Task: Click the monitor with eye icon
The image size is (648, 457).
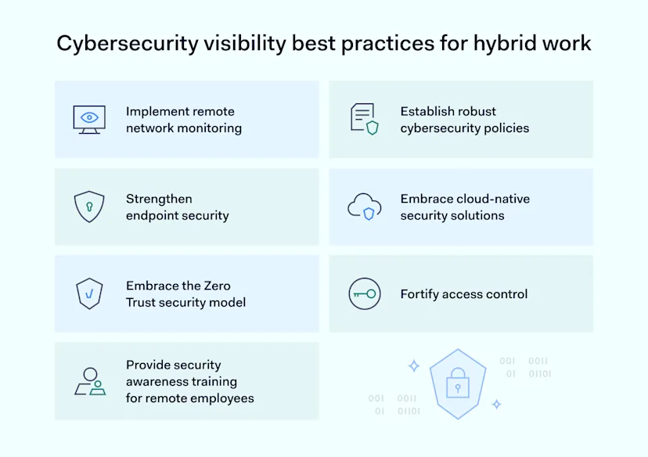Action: click(x=89, y=119)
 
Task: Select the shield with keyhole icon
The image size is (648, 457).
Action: click(x=89, y=207)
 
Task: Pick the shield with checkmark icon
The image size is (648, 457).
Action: click(x=89, y=293)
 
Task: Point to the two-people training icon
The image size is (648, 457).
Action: click(x=90, y=381)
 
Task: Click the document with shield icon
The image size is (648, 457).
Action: click(x=364, y=119)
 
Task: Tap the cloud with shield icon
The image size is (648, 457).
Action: click(x=365, y=207)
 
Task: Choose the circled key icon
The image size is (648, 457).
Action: click(x=364, y=294)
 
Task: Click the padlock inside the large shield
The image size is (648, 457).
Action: click(x=457, y=384)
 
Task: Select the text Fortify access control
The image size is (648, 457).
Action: click(x=464, y=294)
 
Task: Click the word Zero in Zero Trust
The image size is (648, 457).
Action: click(x=215, y=286)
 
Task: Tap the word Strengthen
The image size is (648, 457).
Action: click(x=159, y=199)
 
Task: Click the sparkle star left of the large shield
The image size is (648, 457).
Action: click(x=414, y=365)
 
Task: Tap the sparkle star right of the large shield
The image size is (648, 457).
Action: click(x=496, y=404)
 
